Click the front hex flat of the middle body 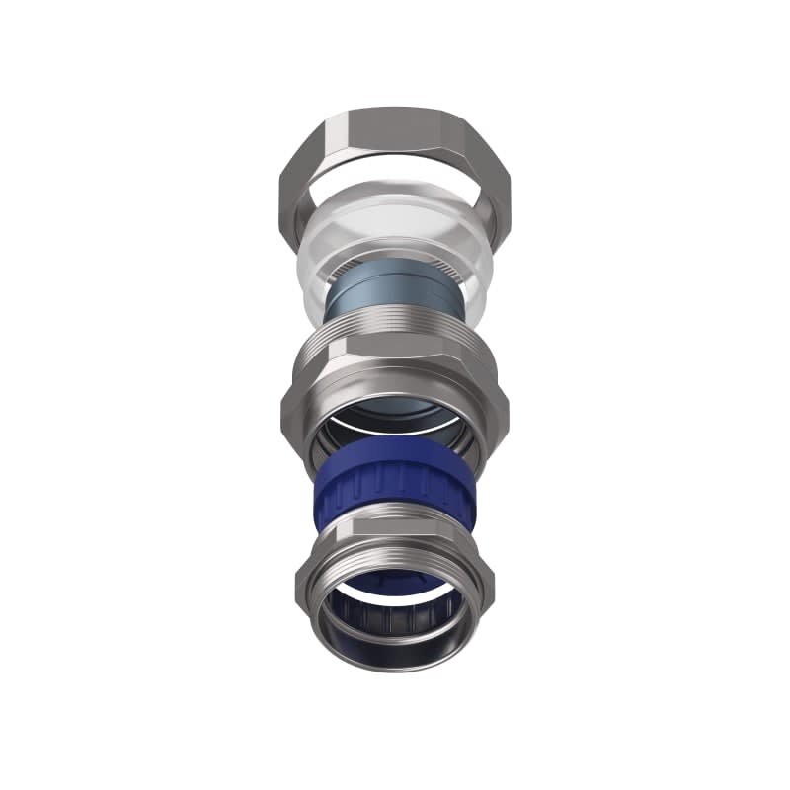pos(395,385)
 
